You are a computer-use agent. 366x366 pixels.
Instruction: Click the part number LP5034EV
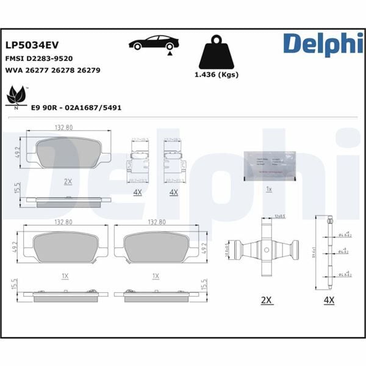pyautogui.click(x=31, y=46)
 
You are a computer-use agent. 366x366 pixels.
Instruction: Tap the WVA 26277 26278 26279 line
pyautogui.click(x=52, y=71)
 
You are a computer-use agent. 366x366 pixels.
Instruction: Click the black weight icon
pyautogui.click(x=216, y=52)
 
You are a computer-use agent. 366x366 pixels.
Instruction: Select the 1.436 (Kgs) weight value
pyautogui.click(x=216, y=75)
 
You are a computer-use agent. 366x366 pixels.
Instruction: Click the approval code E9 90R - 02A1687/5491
pyautogui.click(x=76, y=107)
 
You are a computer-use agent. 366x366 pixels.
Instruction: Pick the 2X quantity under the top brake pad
pyautogui.click(x=68, y=182)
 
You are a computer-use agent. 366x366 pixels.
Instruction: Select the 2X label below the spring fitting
pyautogui.click(x=266, y=300)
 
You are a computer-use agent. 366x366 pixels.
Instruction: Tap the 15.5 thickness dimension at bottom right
pyautogui.click(x=203, y=284)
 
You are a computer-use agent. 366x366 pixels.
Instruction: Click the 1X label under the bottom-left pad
pyautogui.click(x=65, y=276)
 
